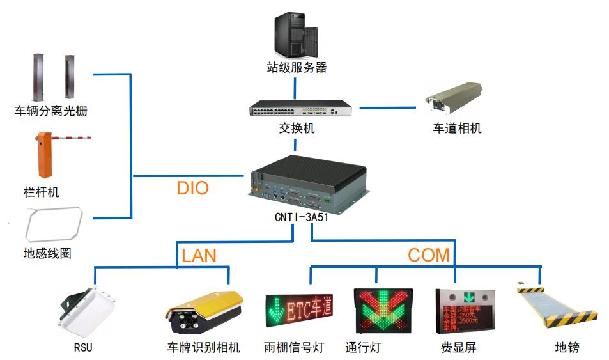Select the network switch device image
click(x=300, y=109)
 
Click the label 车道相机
click(x=457, y=129)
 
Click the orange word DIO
click(x=192, y=188)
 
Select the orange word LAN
click(x=199, y=256)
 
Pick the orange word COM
click(x=429, y=255)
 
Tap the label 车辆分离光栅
click(x=50, y=111)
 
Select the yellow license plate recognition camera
click(x=204, y=313)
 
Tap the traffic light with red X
click(x=383, y=311)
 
